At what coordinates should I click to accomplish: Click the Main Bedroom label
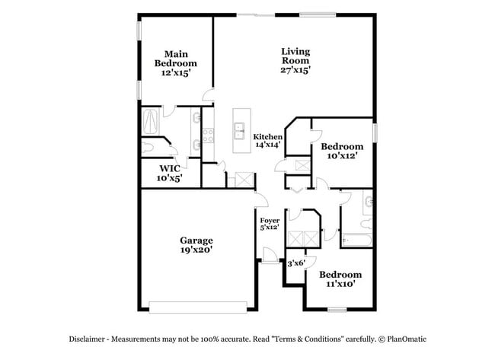tap(176, 59)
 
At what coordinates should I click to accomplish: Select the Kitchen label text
tap(267, 136)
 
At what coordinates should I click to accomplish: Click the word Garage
tap(196, 241)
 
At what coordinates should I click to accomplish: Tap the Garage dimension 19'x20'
tap(196, 250)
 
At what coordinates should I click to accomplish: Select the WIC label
tap(169, 168)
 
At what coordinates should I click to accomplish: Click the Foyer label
tap(270, 221)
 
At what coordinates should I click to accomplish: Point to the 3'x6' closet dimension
tap(295, 263)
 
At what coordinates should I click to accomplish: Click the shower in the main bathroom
tap(152, 121)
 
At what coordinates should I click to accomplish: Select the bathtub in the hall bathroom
tap(357, 241)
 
